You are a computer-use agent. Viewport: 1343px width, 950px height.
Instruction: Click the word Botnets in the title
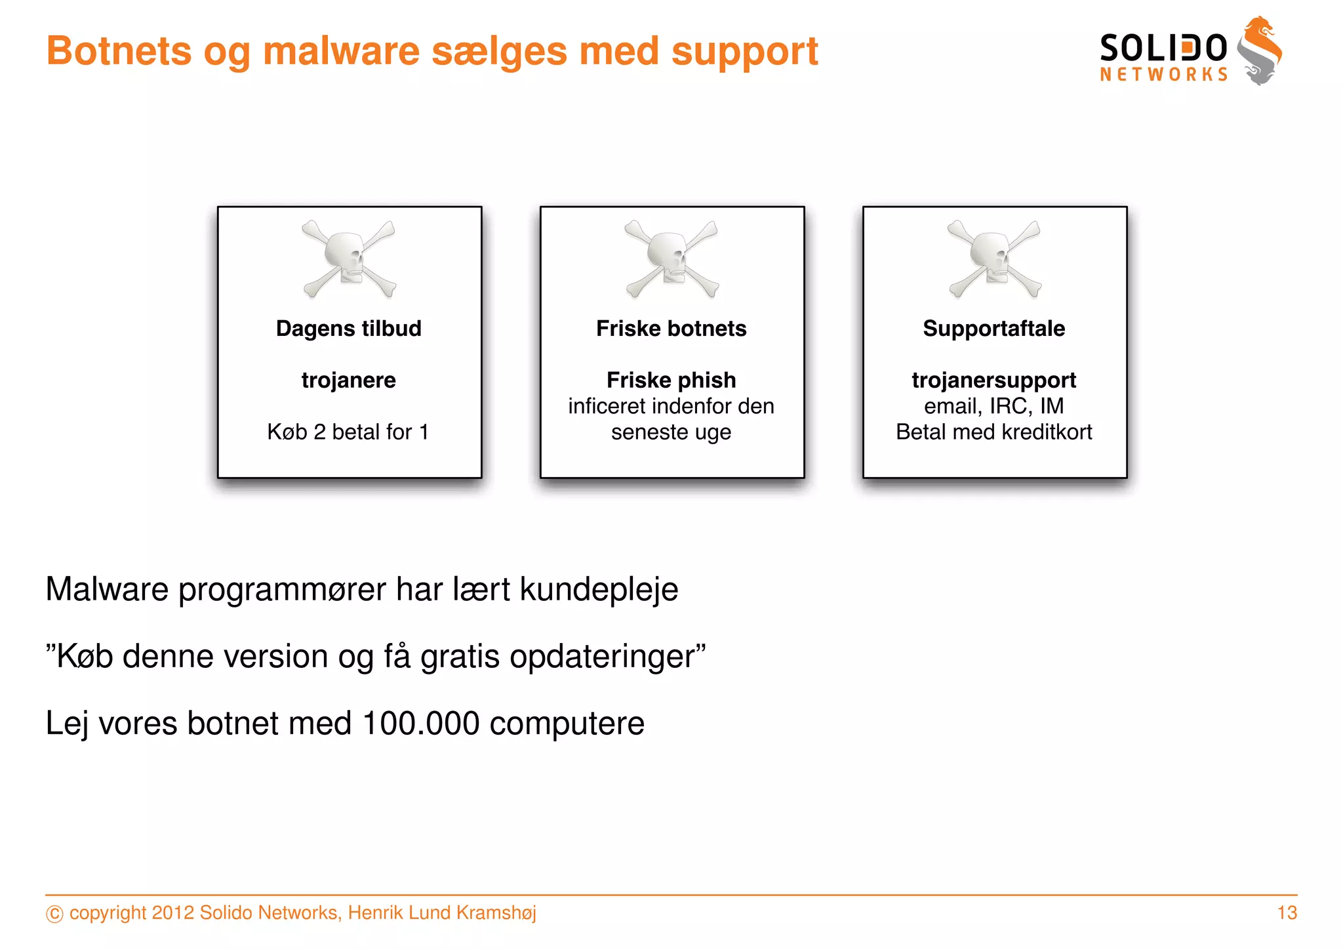click(x=119, y=51)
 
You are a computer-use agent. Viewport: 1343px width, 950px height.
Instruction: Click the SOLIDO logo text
click(x=1163, y=49)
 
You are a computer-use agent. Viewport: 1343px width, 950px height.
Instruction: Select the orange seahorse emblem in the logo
click(x=1260, y=51)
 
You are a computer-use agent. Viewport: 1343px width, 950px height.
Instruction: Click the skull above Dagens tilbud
click(x=349, y=258)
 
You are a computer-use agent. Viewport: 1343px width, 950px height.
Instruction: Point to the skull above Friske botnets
click(x=671, y=258)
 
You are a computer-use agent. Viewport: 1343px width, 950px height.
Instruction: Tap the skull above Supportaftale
click(x=994, y=258)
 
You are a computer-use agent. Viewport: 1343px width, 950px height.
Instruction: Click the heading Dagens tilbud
click(x=349, y=328)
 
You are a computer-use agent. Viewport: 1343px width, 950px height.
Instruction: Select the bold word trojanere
click(x=349, y=380)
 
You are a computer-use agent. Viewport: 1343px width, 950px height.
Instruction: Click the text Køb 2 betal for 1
click(x=348, y=432)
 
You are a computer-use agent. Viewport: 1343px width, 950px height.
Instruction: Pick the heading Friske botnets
click(x=671, y=328)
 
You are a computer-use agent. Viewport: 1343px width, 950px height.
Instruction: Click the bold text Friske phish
click(x=671, y=380)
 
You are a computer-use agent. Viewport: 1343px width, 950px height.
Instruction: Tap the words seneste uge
click(x=671, y=432)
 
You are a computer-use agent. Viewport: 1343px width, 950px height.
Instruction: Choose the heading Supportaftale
click(x=994, y=328)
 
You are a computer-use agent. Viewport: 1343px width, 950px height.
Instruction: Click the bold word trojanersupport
click(x=994, y=380)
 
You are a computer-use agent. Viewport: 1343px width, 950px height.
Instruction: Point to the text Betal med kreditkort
click(x=994, y=432)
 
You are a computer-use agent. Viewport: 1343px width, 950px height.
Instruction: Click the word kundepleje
click(x=599, y=589)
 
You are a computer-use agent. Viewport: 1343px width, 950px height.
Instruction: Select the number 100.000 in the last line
click(x=420, y=723)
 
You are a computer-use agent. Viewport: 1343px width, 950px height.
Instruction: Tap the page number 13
click(x=1287, y=913)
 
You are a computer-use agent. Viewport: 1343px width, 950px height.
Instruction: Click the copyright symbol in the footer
click(x=55, y=913)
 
